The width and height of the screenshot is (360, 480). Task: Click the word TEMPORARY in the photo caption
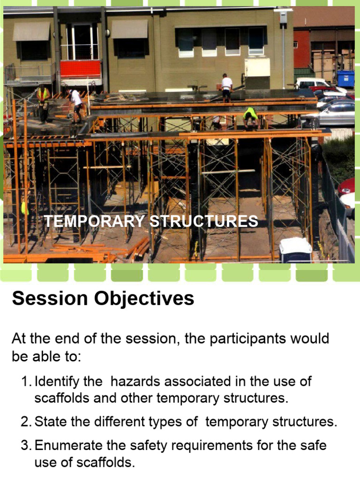pos(94,221)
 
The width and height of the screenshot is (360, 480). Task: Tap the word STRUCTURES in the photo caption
pos(204,221)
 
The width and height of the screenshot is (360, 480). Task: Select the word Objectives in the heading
pos(144,299)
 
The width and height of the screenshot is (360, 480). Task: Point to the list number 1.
pos(26,382)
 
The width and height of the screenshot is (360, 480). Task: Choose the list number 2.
pos(26,422)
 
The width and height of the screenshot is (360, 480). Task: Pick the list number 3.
pos(26,445)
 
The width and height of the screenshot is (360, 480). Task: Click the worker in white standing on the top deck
pos(226,88)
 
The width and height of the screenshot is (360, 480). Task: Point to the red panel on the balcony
pos(81,69)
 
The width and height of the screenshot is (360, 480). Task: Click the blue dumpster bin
pos(346,79)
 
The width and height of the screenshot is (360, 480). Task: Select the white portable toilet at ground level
pos(295,250)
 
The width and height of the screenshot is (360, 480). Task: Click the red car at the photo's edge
pos(347,187)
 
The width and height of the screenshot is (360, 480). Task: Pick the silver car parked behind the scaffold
pos(337,114)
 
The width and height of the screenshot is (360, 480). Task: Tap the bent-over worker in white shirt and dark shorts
pos(75,105)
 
